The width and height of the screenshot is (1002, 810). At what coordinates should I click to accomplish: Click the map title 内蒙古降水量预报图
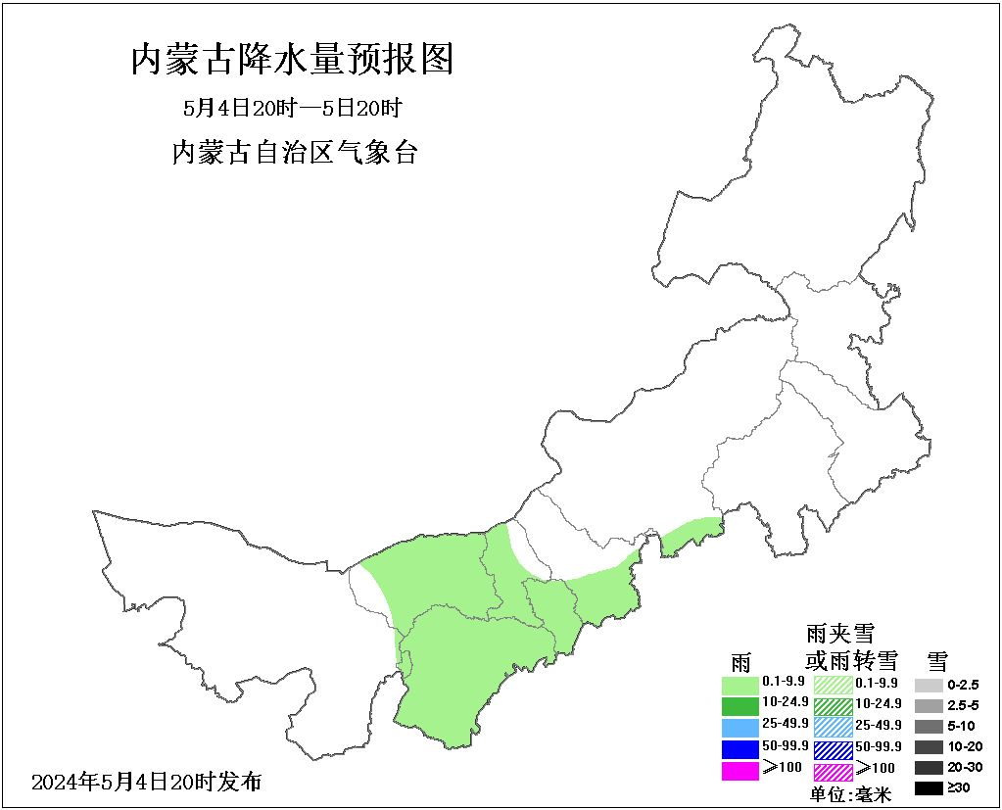pos(292,60)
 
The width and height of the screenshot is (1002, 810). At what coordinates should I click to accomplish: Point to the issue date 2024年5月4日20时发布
pos(147,782)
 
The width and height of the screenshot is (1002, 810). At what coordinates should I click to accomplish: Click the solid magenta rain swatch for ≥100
pos(740,770)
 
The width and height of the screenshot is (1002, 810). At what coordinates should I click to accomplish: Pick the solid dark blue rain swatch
pos(740,748)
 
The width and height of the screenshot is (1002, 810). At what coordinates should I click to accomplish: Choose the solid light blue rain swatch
pos(740,727)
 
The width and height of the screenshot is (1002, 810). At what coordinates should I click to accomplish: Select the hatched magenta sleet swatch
pos(834,770)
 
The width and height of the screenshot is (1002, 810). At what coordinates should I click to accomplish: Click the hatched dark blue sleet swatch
pos(834,748)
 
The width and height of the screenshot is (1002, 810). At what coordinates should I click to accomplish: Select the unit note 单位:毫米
pos(850,794)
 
